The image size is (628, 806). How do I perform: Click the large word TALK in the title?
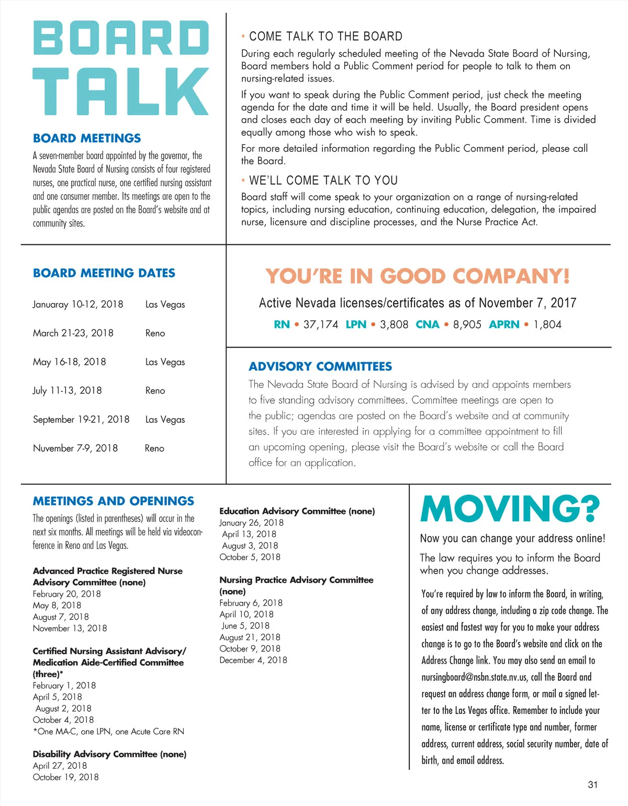click(121, 92)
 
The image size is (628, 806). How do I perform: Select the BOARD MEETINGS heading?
click(87, 138)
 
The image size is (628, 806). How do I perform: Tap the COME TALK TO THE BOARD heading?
click(326, 36)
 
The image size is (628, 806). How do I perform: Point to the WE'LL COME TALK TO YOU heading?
click(323, 181)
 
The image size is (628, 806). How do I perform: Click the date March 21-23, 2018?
click(73, 333)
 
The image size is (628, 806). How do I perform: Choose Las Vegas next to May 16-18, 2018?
click(165, 362)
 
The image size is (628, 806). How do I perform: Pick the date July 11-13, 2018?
click(68, 390)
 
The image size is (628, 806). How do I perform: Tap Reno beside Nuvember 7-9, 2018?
click(154, 448)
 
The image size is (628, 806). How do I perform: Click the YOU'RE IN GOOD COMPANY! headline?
click(417, 276)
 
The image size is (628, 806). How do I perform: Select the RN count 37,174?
click(320, 324)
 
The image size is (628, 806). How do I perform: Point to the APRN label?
click(504, 324)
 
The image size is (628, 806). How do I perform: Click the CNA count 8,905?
click(467, 324)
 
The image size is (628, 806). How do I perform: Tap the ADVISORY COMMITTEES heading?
click(320, 366)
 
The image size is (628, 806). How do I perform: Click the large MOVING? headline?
click(510, 509)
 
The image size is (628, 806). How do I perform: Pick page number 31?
click(593, 785)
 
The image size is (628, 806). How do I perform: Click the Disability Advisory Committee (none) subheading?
click(109, 754)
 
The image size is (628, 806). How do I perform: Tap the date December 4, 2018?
click(253, 660)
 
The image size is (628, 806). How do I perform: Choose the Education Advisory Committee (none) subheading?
click(297, 511)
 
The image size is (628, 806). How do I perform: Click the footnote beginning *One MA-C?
click(108, 731)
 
